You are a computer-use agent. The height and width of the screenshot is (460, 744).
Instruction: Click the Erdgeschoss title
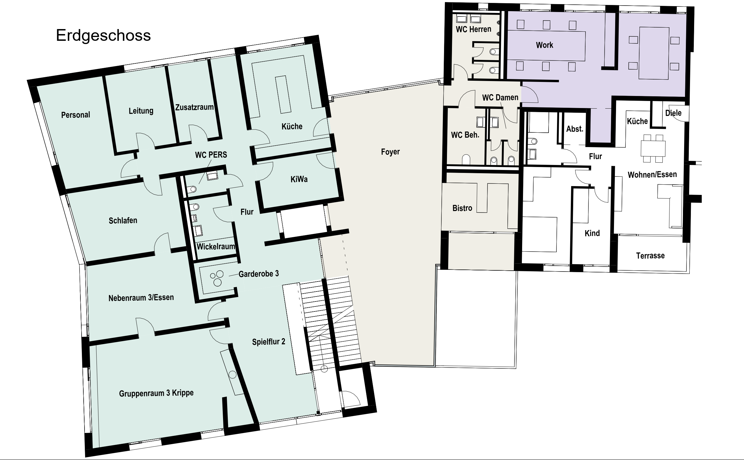click(103, 36)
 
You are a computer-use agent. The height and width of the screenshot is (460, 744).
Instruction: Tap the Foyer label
click(390, 151)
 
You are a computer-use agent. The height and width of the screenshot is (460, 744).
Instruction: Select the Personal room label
click(76, 115)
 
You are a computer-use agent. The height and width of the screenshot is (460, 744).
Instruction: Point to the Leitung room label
click(141, 111)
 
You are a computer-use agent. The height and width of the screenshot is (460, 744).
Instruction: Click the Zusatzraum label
click(194, 107)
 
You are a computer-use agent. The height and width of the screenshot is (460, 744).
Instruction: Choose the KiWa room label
click(299, 179)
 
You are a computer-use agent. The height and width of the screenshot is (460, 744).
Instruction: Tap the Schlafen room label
click(123, 220)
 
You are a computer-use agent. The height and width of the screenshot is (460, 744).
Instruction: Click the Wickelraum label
click(216, 246)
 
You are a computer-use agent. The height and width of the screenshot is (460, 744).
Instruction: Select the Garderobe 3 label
click(259, 274)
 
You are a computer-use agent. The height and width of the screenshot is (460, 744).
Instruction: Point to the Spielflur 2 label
click(269, 342)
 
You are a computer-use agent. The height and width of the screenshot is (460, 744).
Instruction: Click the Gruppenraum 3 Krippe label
click(156, 393)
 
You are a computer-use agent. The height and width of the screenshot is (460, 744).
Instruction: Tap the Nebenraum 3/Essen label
click(141, 297)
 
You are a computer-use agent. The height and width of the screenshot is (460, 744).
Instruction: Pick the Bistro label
click(462, 208)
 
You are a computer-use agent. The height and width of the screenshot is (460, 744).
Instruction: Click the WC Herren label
click(474, 29)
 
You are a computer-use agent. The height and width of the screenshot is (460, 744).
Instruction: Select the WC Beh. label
click(465, 135)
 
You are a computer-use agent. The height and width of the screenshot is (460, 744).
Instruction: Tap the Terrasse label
click(650, 256)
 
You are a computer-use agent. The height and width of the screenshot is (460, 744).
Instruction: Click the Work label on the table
click(544, 45)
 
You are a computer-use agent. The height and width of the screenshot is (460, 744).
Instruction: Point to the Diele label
click(674, 113)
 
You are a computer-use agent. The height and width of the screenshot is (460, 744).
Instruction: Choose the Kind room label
click(592, 233)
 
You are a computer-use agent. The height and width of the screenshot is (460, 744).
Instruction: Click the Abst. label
click(575, 129)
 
